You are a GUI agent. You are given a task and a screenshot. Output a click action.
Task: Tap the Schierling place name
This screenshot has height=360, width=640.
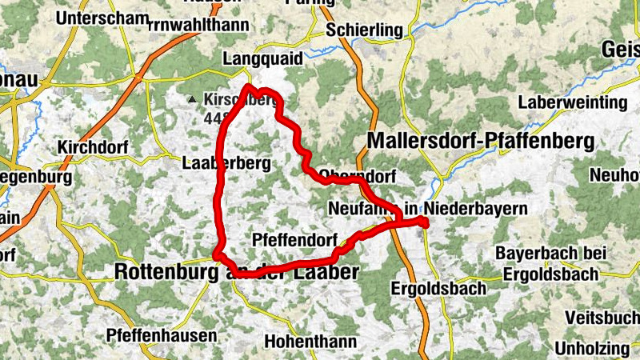pos(364,30)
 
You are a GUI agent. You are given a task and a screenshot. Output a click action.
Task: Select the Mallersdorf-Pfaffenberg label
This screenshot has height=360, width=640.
pos(481,141)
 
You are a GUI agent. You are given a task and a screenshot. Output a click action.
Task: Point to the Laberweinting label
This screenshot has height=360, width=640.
pos(572,102)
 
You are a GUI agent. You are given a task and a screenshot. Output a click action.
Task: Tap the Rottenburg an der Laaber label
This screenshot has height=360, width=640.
pos(236,272)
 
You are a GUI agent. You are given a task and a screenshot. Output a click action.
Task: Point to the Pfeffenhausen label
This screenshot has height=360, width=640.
pos(161,335)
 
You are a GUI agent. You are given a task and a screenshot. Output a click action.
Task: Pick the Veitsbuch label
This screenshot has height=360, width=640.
pos(602,318)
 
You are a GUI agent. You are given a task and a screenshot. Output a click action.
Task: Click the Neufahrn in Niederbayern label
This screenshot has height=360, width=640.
pos(428,209)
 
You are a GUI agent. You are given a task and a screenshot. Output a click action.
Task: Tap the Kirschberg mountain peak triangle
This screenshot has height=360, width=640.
pos(191,100)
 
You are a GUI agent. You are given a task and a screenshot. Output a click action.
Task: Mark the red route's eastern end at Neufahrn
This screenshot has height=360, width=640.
pos(426,225)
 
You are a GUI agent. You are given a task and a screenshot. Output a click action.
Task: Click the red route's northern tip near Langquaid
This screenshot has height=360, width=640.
pos(250,86)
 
